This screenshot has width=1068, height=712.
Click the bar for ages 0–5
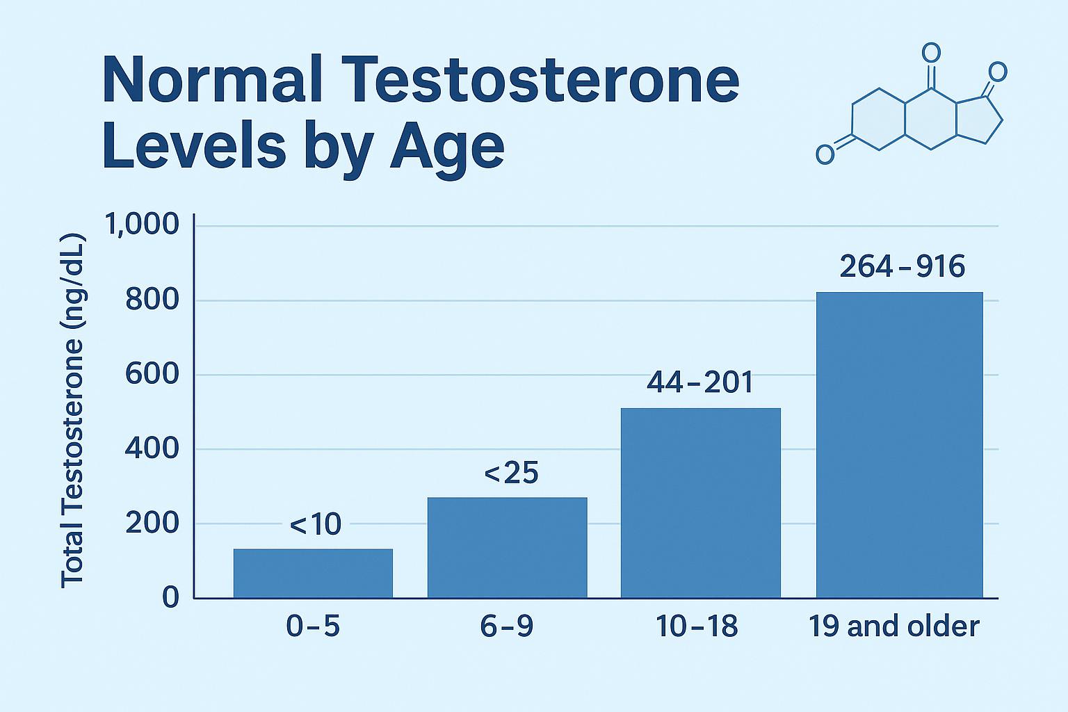click(313, 573)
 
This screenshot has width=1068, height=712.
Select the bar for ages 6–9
click(507, 547)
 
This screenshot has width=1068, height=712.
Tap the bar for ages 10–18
click(700, 503)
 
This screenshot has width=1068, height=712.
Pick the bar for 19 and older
click(899, 445)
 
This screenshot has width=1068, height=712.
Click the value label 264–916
click(902, 267)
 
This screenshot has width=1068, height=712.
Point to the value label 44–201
click(700, 382)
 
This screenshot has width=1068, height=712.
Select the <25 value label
click(511, 474)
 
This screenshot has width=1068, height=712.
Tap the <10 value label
click(315, 525)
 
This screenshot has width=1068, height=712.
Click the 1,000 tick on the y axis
click(142, 225)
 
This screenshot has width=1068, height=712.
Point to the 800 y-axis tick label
click(152, 300)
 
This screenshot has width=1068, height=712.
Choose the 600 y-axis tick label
click(152, 375)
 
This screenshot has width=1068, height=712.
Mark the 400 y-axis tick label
click(152, 449)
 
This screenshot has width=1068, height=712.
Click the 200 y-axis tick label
click(152, 524)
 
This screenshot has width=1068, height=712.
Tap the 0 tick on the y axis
click(170, 598)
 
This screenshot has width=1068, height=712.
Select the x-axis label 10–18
click(697, 627)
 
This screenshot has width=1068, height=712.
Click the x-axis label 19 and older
click(893, 627)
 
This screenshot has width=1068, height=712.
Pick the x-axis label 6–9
click(507, 627)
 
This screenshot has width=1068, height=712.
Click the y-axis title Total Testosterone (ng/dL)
click(72, 410)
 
